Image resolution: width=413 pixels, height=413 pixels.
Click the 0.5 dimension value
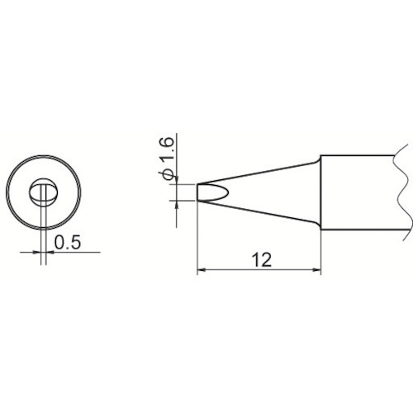click(68, 243)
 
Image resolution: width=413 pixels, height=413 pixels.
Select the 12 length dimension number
click(262, 259)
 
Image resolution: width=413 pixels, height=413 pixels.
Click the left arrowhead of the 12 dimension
click(202, 270)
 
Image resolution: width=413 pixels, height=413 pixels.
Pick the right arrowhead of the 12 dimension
click(316, 270)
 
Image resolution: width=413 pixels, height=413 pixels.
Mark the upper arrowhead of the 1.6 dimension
click(176, 180)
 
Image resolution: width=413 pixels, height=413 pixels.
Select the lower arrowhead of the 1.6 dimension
click(176, 205)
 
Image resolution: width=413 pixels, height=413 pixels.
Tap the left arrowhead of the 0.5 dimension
click(36, 252)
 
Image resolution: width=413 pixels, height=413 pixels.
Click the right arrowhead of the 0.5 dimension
click(50, 252)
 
